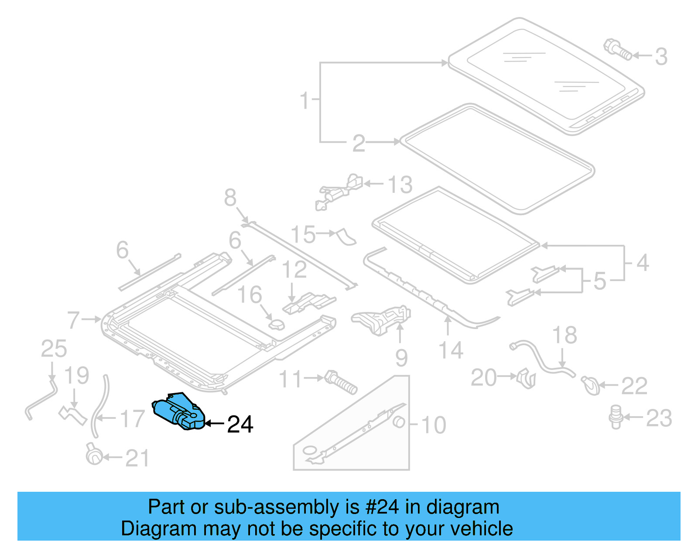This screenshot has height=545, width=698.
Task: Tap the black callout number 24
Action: [240, 424]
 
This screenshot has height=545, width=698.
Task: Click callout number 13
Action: [400, 185]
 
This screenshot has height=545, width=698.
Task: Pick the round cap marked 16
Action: [276, 325]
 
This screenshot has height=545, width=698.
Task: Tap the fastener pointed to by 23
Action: [616, 416]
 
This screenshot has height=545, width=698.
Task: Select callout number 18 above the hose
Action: [565, 335]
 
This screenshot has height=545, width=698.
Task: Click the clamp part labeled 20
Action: [527, 378]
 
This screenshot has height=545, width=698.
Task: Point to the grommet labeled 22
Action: [590, 385]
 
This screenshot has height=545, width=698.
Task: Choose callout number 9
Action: [401, 358]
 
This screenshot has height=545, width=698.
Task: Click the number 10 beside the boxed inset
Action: [434, 425]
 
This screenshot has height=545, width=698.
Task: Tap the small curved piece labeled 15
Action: [346, 237]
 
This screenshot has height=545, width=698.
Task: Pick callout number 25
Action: [54, 349]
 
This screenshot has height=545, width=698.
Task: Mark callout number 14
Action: [451, 350]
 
